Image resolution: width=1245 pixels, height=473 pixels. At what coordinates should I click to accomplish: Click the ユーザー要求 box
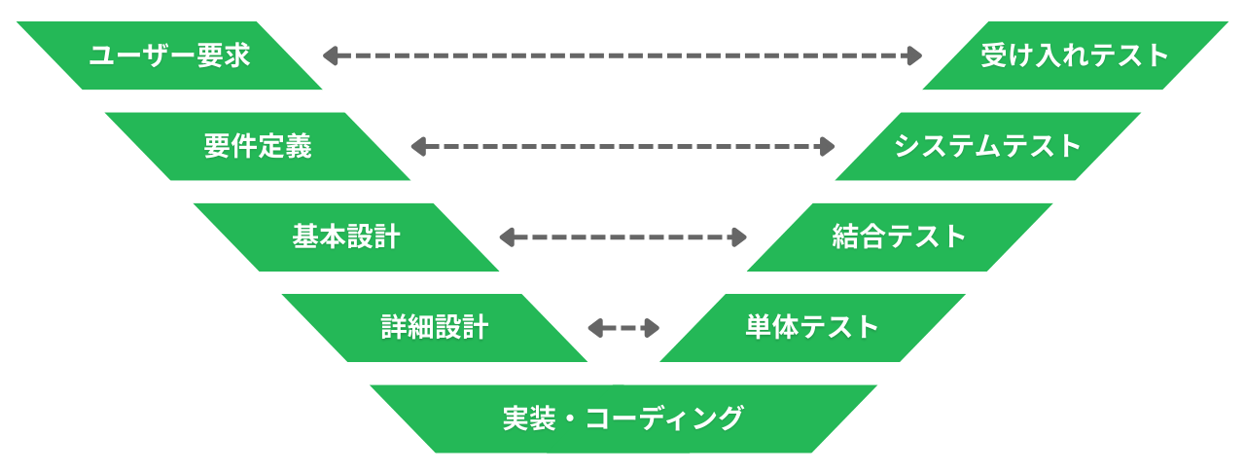tap(169, 55)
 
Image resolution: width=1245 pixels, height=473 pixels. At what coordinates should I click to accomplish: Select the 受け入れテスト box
tap(1075, 55)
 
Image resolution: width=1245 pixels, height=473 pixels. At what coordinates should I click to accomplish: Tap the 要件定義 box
tap(258, 146)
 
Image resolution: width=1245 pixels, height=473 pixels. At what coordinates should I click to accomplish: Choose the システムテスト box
tap(987, 146)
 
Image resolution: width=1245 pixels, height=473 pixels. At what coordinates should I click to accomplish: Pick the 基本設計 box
tap(346, 236)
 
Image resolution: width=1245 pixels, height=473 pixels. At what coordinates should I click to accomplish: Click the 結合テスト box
tap(900, 236)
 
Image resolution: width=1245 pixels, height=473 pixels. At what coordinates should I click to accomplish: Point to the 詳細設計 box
tap(434, 327)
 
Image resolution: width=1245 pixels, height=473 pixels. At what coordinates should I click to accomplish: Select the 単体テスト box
tap(812, 327)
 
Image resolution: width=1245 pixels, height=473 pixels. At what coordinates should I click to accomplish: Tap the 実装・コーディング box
tap(623, 418)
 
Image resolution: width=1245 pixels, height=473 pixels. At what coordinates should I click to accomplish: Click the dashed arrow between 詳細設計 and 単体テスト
tap(624, 328)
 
